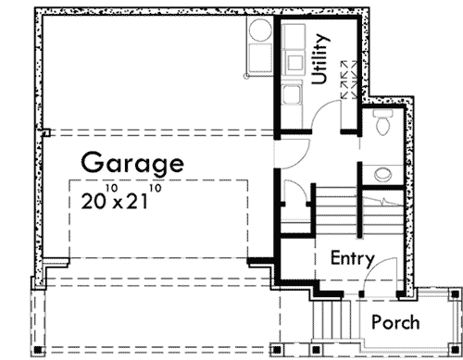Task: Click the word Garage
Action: (131, 164)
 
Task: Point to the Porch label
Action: (395, 323)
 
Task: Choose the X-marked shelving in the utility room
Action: (351, 80)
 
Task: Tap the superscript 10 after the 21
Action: (155, 190)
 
